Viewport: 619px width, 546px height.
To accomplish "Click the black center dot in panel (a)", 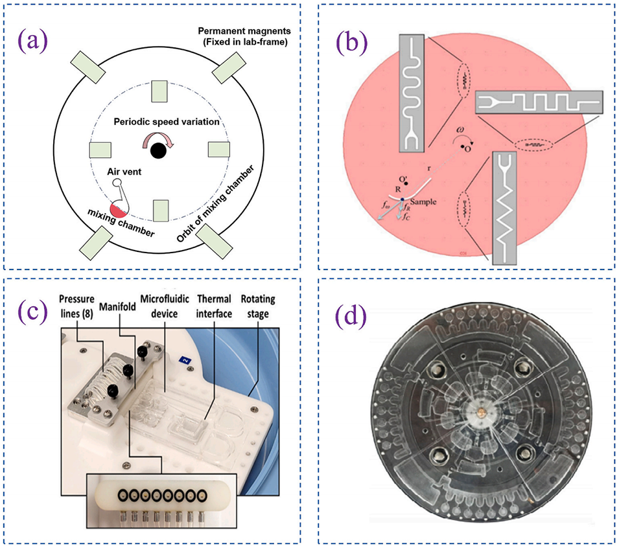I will point(156,151).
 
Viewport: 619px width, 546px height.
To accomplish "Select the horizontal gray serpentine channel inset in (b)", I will point(539,102).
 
